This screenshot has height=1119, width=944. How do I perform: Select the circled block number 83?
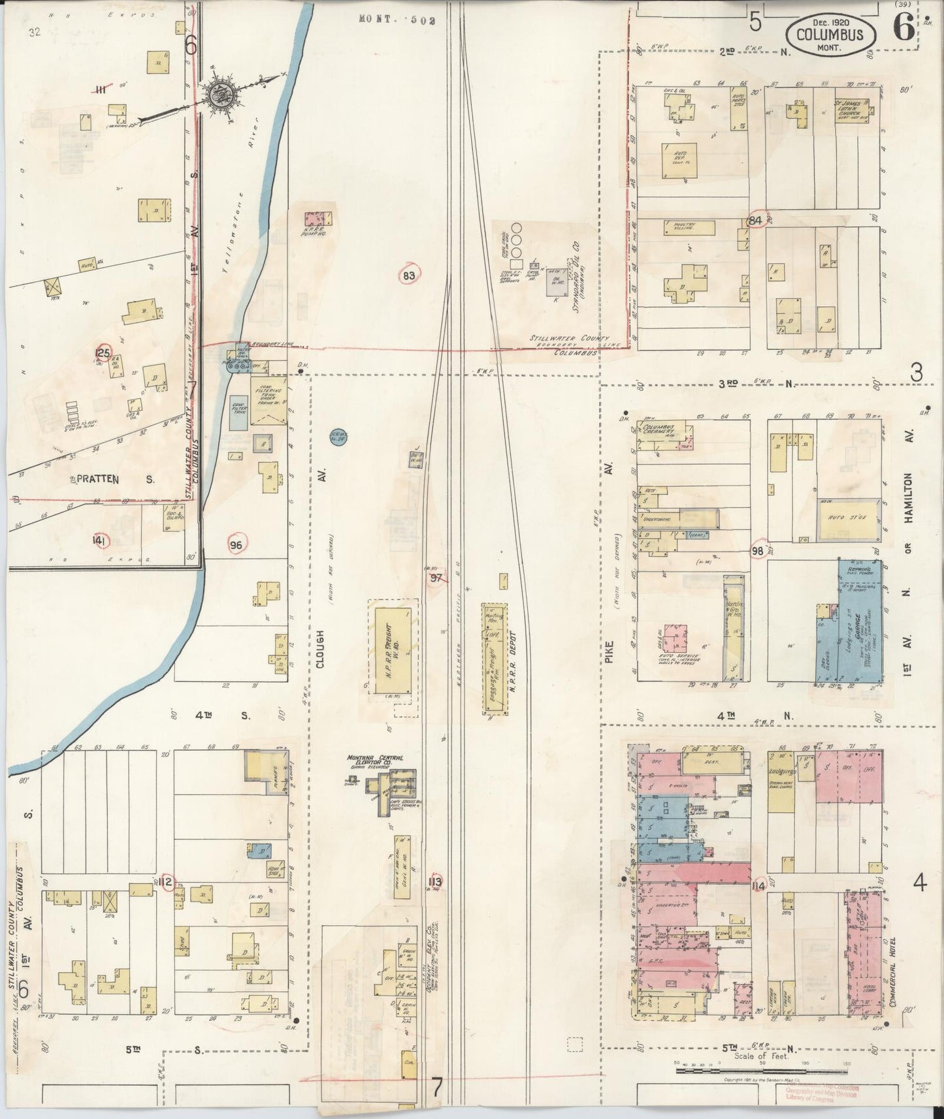(x=409, y=276)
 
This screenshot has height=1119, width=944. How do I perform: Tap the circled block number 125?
(x=103, y=353)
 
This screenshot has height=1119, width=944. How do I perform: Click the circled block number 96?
(x=236, y=544)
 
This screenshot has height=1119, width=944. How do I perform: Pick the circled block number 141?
(x=99, y=541)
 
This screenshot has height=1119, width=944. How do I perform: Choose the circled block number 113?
(x=435, y=883)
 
